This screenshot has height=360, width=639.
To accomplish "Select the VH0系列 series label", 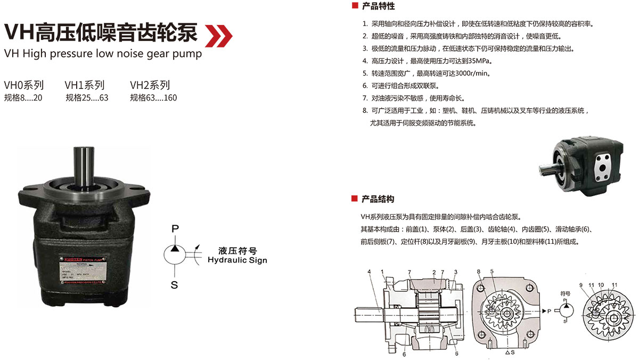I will [x=24, y=85].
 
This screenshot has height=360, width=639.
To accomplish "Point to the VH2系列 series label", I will [x=150, y=85].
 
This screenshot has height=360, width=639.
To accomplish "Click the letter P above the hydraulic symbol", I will [x=174, y=228].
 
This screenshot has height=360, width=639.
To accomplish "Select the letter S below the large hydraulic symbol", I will [x=174, y=285].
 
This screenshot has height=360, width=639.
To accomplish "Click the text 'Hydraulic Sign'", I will [x=237, y=260].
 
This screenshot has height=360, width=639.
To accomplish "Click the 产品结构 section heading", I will [x=378, y=199].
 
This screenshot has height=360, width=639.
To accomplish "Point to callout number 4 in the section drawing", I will [x=368, y=273].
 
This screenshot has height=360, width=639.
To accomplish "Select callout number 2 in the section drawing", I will [x=435, y=273].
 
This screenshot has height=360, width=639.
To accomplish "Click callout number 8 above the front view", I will [x=479, y=272].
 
